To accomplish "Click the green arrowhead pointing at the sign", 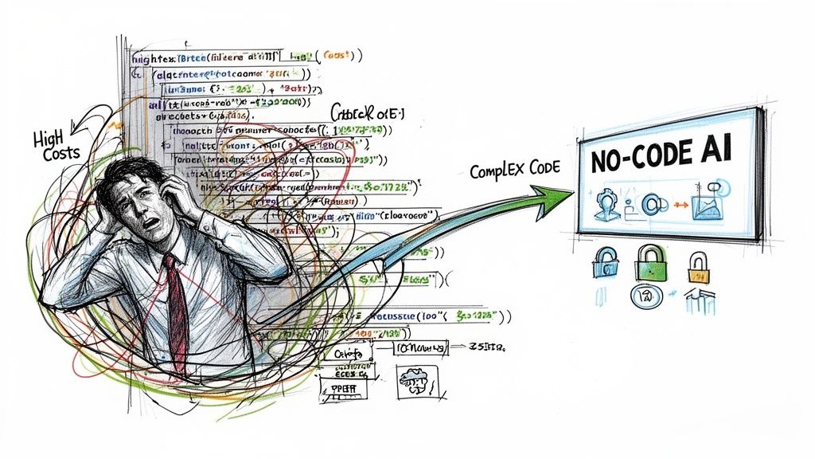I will [557, 194].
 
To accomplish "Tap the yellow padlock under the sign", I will [698, 268].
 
